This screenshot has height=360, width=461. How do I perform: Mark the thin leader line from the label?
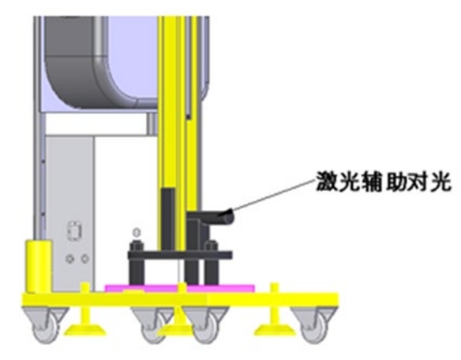[x=274, y=194]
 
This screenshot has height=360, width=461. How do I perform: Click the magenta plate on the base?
[x=180, y=288]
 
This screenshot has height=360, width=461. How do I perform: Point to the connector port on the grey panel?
[x=75, y=231]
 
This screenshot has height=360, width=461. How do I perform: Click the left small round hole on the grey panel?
[x=70, y=259]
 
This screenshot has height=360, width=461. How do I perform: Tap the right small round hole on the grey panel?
[x=85, y=259]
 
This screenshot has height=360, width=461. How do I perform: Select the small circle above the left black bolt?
[x=137, y=233]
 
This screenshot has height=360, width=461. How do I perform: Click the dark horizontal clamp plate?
[x=180, y=255]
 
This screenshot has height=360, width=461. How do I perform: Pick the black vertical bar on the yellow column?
[x=168, y=220]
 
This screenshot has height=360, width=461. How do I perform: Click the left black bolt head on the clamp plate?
[x=137, y=246]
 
